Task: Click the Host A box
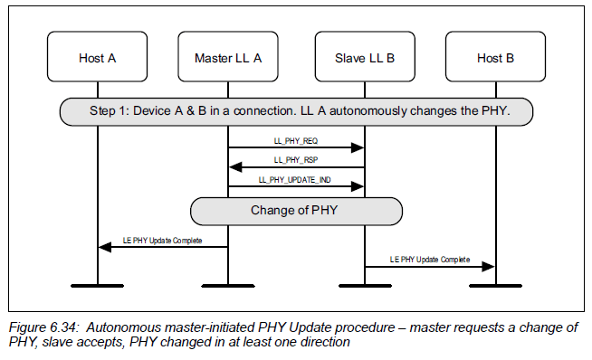tap(98, 59)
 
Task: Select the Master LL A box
tap(228, 59)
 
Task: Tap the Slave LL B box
tap(364, 59)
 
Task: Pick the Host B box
tap(495, 59)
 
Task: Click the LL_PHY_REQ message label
tap(296, 142)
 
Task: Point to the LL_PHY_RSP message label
tap(296, 160)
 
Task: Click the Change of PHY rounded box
tap(296, 211)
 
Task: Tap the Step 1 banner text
tap(296, 111)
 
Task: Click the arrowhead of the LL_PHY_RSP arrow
tap(234, 167)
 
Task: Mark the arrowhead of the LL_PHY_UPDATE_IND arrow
tap(358, 186)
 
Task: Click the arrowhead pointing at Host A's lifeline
tap(103, 247)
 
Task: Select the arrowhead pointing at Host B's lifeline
tap(490, 266)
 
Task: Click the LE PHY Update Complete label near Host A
tap(163, 241)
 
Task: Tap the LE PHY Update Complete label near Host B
tap(430, 260)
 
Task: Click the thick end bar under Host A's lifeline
tap(98, 285)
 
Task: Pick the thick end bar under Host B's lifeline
tap(495, 285)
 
